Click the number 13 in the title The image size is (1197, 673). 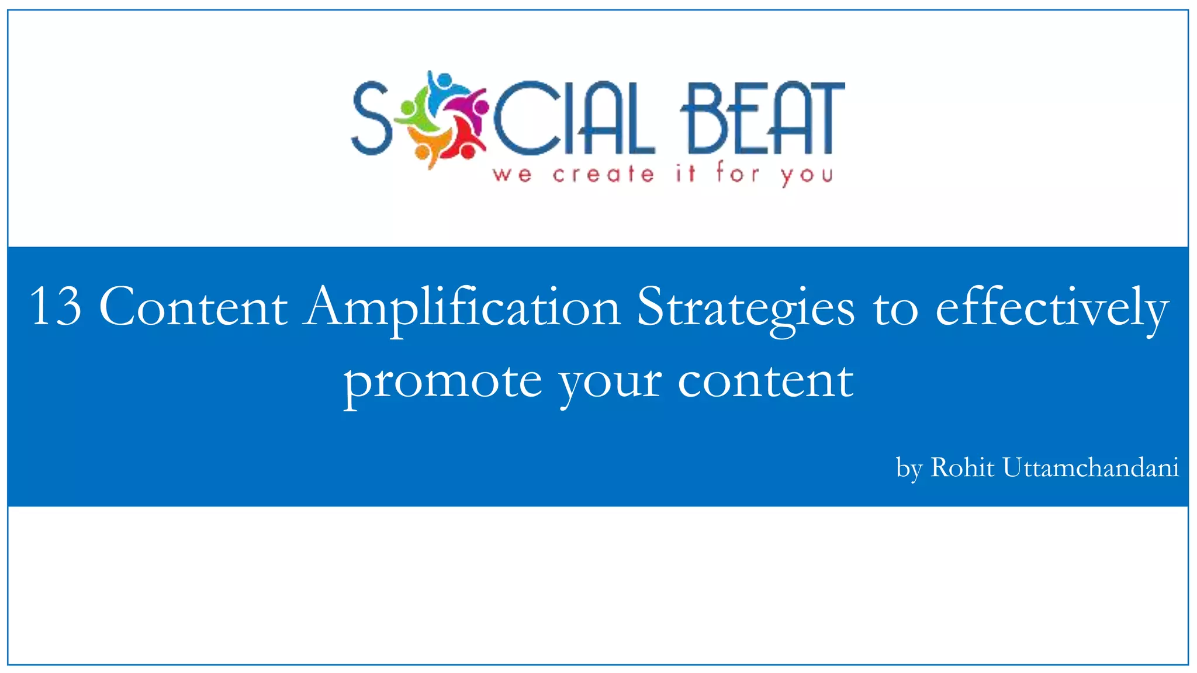point(56,307)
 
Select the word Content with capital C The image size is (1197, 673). point(193,307)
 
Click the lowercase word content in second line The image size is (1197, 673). point(766,381)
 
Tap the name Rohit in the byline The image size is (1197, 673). point(962,467)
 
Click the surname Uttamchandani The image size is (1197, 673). point(1091,467)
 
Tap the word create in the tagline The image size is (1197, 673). point(603,174)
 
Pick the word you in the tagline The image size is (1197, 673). point(807,175)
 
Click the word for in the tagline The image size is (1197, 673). point(738,174)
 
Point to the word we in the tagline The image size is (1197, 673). point(512,175)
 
